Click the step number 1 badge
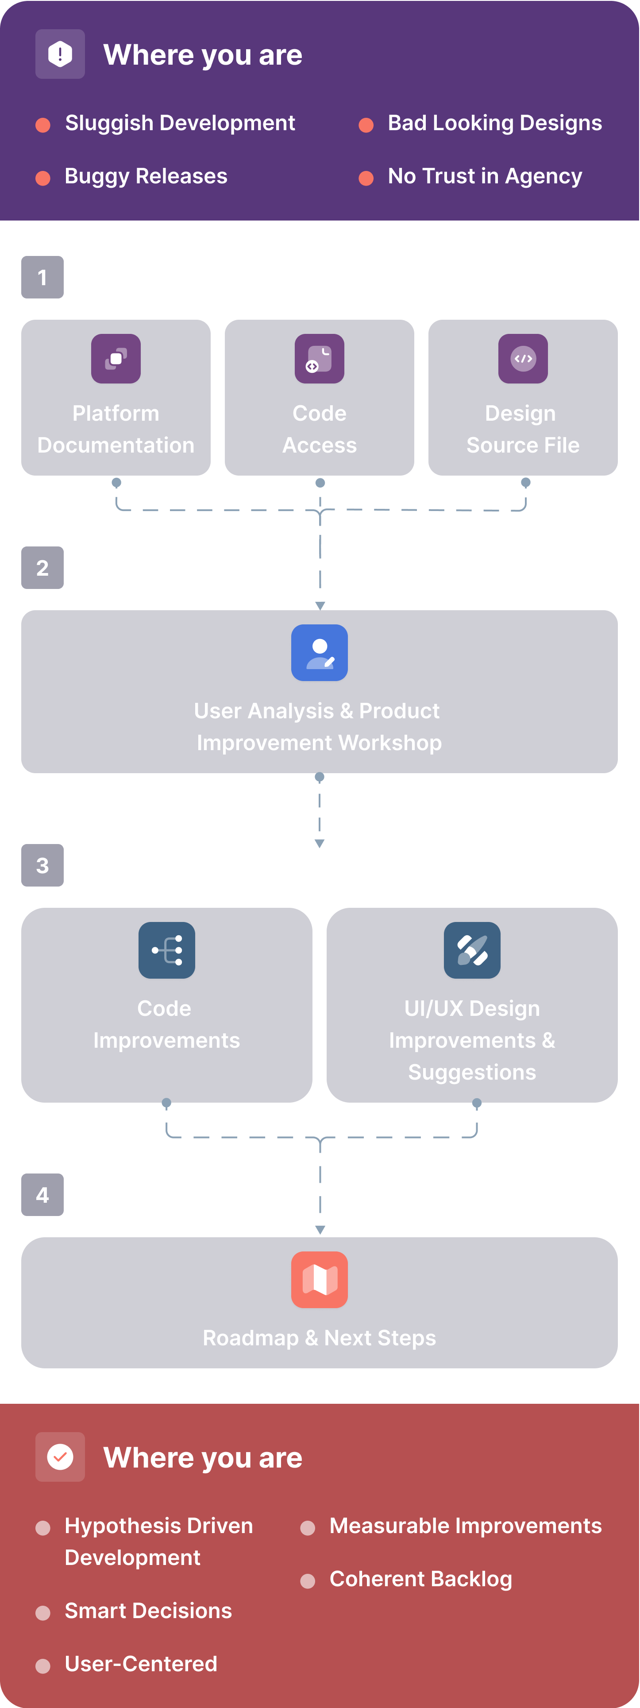tap(42, 277)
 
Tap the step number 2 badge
tap(42, 568)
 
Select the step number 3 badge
tap(42, 865)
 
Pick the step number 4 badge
tap(42, 1195)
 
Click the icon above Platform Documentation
tap(116, 359)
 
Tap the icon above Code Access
tap(320, 359)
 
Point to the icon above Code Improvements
tap(167, 950)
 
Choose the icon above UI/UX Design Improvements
tap(472, 950)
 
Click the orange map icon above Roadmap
tap(320, 1280)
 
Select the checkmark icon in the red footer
tap(60, 1457)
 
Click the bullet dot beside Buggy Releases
tap(43, 178)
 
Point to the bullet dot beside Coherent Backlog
tap(308, 1581)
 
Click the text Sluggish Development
tap(180, 123)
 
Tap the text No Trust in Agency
tap(485, 176)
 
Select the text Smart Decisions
tap(148, 1611)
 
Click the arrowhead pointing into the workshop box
tap(320, 605)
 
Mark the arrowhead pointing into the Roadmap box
tap(320, 1230)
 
